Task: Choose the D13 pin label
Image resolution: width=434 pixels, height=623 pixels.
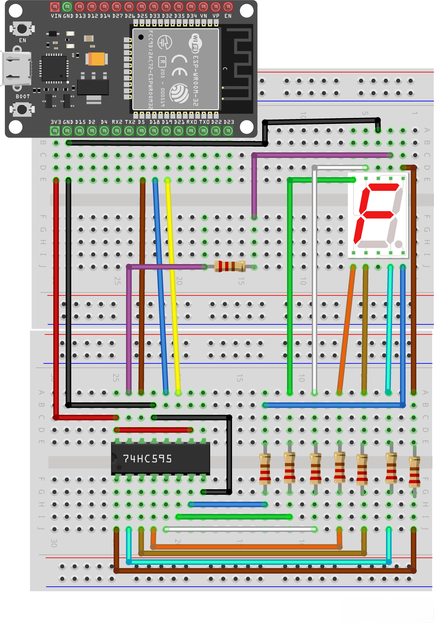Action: tap(81, 16)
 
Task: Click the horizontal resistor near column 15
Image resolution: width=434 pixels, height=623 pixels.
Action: tap(230, 266)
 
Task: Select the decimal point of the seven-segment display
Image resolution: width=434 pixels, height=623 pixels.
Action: tap(398, 244)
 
